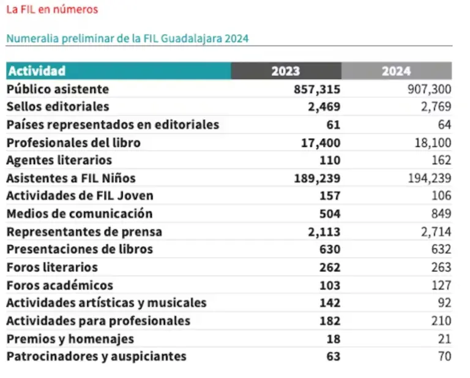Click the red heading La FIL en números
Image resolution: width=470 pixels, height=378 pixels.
click(51, 10)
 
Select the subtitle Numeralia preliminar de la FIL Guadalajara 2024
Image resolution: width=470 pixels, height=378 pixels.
click(127, 38)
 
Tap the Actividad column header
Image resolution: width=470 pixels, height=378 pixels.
click(37, 71)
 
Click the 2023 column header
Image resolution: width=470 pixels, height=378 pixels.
click(286, 71)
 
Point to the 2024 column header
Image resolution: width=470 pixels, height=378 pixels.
click(396, 71)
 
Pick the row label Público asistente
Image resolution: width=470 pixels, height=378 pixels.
click(58, 89)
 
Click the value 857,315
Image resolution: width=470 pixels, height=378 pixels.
click(317, 89)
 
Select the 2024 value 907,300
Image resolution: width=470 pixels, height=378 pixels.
click(429, 89)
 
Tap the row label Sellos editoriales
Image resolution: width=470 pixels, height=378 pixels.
click(58, 107)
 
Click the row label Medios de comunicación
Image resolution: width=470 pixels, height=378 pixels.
click(79, 214)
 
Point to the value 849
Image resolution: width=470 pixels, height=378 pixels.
click(441, 214)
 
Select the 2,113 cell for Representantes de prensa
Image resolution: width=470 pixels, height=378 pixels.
click(324, 232)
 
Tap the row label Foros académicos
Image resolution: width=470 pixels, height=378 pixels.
click(59, 286)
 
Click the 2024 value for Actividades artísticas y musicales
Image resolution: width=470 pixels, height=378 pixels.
click(444, 303)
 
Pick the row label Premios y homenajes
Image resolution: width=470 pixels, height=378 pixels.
click(70, 339)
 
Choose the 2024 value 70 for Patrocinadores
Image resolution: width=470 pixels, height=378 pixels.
click(444, 356)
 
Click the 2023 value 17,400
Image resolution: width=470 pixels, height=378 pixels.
click(321, 143)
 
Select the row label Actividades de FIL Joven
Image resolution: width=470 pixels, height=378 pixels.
click(80, 196)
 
